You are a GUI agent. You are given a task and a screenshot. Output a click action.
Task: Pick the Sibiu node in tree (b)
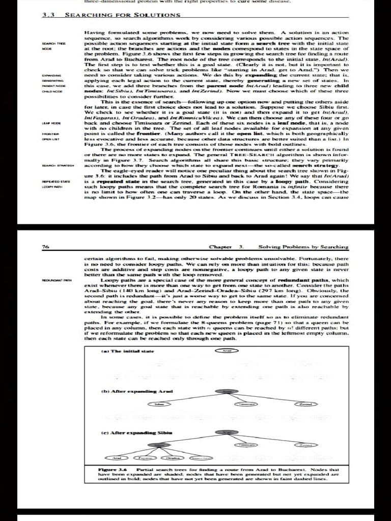[x=159, y=403]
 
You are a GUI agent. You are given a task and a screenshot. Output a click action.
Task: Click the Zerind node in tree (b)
[x=304, y=403]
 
